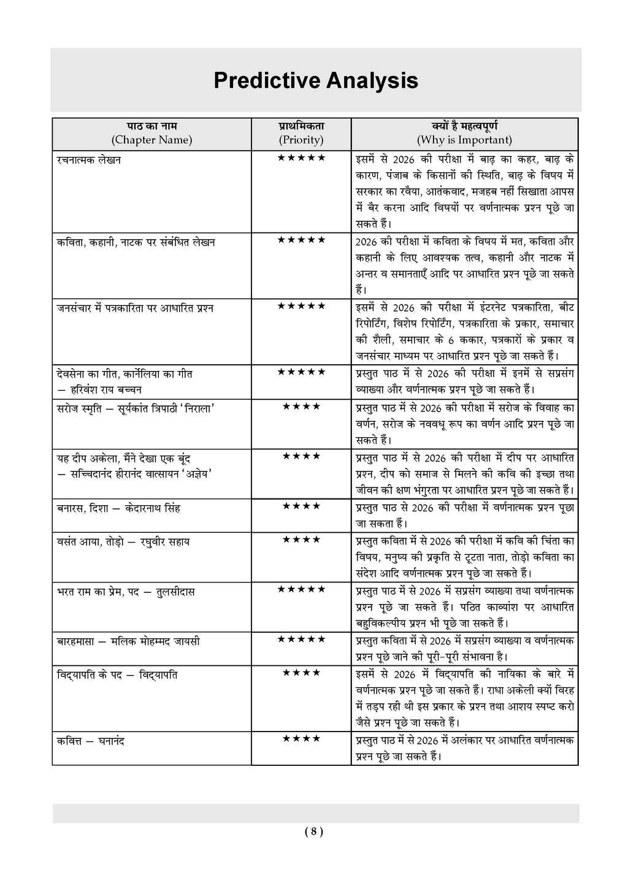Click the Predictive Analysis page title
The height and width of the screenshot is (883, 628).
pos(315,81)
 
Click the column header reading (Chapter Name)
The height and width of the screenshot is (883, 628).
pos(151,140)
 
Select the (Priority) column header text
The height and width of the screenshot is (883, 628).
pos(301,140)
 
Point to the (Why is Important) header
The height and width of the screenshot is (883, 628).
pos(464,140)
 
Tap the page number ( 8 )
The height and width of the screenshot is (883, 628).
pos(313,832)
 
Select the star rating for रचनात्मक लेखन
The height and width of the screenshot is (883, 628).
pos(301,158)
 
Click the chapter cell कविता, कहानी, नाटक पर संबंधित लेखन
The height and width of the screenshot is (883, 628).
pos(136,242)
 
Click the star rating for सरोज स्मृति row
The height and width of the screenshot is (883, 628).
pos(301,406)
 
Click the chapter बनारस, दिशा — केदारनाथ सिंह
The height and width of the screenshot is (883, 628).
pos(118,508)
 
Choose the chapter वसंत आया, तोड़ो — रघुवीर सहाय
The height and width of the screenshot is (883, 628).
pos(123,542)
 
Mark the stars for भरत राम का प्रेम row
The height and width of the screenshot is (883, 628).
pos(301,589)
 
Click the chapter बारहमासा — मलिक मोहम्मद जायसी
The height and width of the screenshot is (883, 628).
pos(128,641)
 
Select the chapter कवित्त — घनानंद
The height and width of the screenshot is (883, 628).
pos(90,741)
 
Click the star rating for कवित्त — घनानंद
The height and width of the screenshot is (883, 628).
pos(301,739)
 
